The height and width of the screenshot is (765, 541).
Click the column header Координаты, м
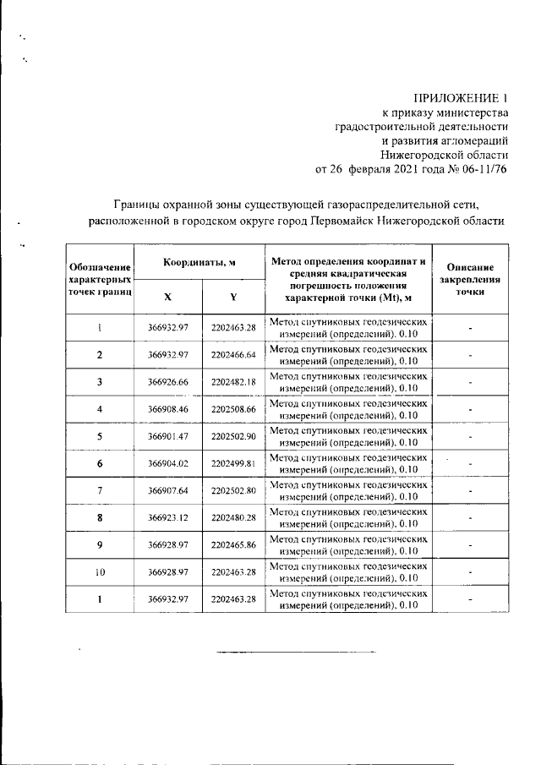[199, 262]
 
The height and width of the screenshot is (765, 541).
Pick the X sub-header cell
[167, 297]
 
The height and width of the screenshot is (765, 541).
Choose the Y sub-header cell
[232, 297]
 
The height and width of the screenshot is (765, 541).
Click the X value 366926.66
[167, 382]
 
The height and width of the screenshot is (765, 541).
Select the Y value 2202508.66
[233, 409]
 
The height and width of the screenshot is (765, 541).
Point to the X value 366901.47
[167, 436]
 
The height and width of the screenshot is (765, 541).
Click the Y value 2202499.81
[233, 463]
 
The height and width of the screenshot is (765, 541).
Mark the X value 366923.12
[167, 517]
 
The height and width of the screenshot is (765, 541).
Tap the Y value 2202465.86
[233, 545]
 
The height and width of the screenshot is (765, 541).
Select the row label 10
[100, 572]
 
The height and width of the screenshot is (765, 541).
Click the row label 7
[100, 490]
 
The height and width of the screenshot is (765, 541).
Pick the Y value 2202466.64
[233, 354]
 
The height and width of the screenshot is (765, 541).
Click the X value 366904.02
[167, 463]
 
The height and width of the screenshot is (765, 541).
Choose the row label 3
[100, 382]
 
